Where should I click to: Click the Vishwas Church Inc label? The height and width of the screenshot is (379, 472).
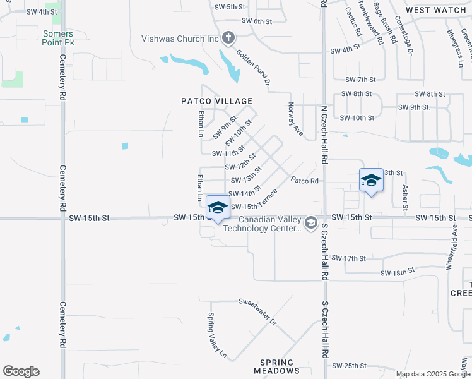[x=180, y=39]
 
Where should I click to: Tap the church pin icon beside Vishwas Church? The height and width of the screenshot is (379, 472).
[x=228, y=39]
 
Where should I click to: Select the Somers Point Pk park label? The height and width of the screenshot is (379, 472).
[x=58, y=38]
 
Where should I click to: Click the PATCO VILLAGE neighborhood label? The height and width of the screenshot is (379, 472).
[x=216, y=101]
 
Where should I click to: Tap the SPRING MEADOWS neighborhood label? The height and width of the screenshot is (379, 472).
[x=277, y=366]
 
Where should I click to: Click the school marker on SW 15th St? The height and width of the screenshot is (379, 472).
[x=218, y=208]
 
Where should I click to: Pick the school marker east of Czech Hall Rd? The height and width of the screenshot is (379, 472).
[x=371, y=181]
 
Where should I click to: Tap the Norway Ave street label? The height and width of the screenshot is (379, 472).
[x=295, y=119]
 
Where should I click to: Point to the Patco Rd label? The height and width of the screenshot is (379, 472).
[x=305, y=181]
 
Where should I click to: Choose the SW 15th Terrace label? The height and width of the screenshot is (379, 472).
[x=254, y=200]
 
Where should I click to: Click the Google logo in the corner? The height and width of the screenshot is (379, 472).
[x=21, y=371]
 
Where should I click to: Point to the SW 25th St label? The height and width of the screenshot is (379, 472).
[x=349, y=366]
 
